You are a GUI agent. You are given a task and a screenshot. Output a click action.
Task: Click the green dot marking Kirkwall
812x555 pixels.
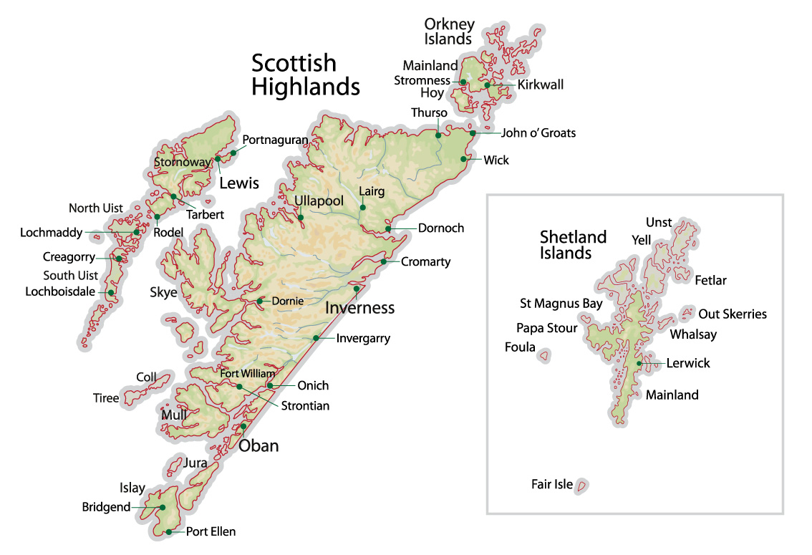tap(487, 85)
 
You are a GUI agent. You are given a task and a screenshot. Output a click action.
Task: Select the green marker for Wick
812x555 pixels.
tap(465, 159)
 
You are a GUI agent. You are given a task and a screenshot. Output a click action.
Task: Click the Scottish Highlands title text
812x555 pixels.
tap(305, 74)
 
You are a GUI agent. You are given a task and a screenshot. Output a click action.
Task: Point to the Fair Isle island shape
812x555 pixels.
tap(582, 486)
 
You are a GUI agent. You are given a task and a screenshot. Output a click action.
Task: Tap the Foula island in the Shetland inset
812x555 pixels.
tap(544, 354)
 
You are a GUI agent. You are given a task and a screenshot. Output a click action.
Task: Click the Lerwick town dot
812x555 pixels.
tap(639, 363)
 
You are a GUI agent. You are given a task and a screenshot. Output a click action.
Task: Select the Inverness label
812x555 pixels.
tap(360, 308)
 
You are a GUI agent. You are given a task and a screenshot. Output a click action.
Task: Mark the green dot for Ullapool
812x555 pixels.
tap(301, 217)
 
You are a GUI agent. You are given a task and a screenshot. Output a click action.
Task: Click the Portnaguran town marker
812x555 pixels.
tap(233, 153)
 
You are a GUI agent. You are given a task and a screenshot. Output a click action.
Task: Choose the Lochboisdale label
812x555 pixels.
tap(60, 291)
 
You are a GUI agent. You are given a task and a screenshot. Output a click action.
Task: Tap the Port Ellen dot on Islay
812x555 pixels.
tap(168, 531)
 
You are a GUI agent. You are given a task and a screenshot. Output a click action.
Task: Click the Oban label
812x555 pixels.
tap(258, 446)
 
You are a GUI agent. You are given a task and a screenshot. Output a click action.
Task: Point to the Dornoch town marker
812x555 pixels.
tap(388, 228)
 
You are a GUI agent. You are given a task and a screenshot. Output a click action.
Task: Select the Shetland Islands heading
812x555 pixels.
tap(573, 244)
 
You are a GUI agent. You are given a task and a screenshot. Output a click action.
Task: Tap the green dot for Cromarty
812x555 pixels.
tap(384, 261)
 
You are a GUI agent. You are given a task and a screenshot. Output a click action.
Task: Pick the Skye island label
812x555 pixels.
tap(163, 292)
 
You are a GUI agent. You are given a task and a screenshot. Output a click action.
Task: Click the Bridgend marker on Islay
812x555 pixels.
tap(163, 507)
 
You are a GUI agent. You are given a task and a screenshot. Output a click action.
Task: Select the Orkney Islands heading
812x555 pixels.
tap(449, 32)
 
